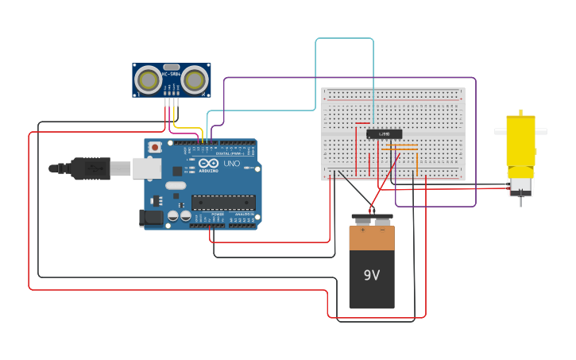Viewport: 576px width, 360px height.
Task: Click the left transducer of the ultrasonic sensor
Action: [147, 79]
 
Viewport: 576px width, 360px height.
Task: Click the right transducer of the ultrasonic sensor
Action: [195, 79]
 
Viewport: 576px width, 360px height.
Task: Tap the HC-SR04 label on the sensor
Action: [171, 75]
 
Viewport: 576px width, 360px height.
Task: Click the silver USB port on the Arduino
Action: [146, 167]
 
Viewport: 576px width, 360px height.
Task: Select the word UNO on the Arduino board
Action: [231, 164]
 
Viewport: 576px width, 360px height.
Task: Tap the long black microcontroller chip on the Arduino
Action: [223, 203]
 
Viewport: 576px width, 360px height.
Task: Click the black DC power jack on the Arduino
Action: [151, 217]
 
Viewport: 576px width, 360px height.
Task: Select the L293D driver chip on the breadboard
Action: [385, 134]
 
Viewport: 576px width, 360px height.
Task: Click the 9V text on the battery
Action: [372, 276]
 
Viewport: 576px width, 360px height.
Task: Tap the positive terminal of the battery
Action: [362, 220]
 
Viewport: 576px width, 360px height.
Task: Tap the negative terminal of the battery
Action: [382, 220]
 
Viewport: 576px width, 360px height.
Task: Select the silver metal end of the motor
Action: [521, 186]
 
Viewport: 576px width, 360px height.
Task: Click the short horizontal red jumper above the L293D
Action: [361, 123]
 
